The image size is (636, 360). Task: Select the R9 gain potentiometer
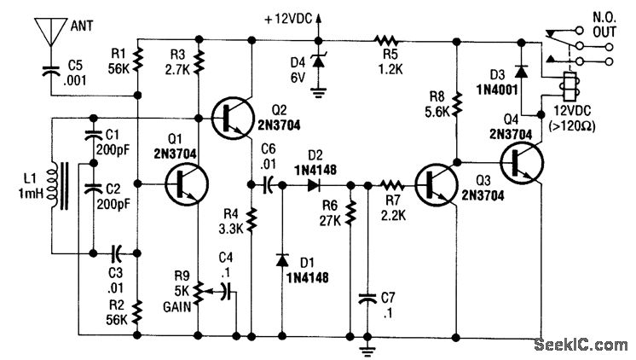(x=198, y=289)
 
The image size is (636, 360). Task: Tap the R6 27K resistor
(x=350, y=213)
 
